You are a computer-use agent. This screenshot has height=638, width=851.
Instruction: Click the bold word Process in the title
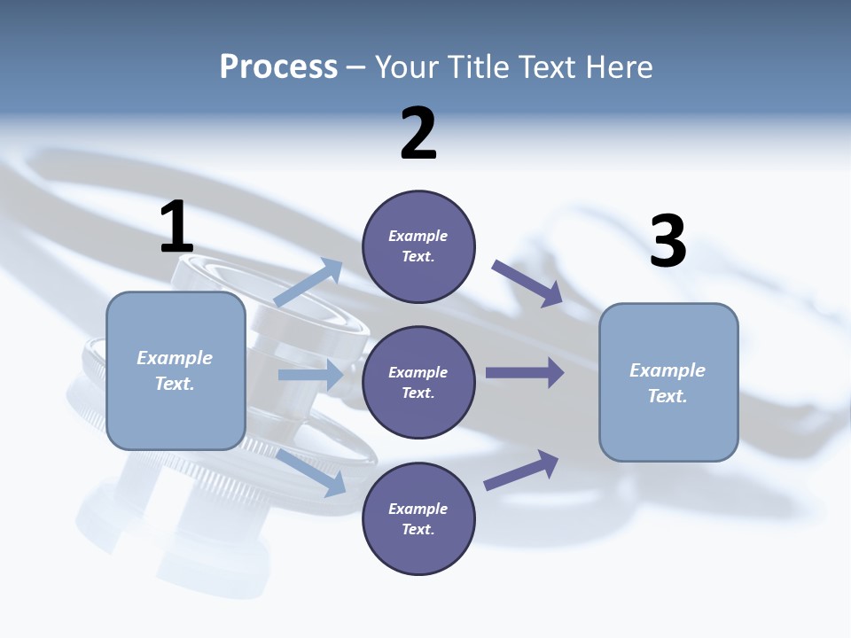[278, 66]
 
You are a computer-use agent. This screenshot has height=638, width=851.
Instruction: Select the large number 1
[176, 228]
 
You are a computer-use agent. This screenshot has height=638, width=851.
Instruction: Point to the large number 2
[418, 134]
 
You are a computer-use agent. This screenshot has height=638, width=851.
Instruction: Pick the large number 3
[668, 242]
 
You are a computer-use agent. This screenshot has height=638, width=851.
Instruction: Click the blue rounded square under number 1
[176, 371]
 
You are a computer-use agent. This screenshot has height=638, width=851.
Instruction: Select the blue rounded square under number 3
[668, 383]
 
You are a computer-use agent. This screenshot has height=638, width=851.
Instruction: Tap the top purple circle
[418, 246]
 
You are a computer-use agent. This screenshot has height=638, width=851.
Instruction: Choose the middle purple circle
[418, 383]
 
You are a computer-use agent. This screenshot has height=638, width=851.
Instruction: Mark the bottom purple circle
[418, 519]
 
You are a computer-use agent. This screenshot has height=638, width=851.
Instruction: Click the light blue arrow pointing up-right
[308, 284]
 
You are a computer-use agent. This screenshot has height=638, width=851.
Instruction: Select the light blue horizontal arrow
[310, 375]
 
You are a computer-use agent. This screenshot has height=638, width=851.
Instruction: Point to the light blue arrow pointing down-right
[311, 472]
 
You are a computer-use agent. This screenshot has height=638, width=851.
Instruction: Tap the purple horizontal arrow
[524, 372]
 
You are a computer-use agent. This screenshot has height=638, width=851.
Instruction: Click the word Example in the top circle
[418, 236]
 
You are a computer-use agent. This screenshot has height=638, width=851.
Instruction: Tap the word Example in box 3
[668, 370]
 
